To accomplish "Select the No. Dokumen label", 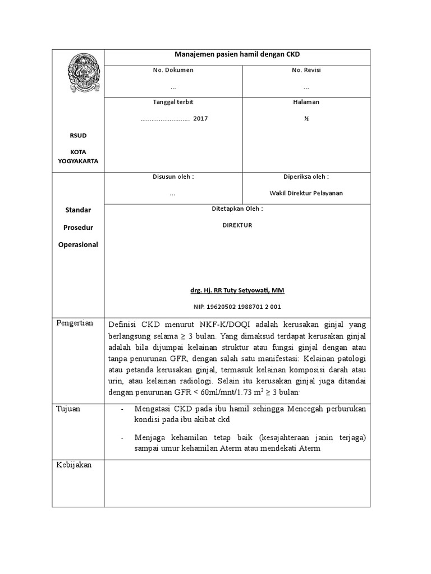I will (173, 70).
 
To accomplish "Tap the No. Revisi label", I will (306, 70).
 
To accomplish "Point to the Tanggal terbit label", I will (173, 101).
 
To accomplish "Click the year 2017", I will (200, 119).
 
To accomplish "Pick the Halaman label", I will (306, 101).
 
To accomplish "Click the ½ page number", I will (306, 119).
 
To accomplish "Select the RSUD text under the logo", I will (78, 136).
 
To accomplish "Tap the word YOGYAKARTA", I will (78, 161).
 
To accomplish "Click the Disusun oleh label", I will (173, 177).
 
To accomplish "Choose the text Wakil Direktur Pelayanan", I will (306, 193).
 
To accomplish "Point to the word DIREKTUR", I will (237, 225).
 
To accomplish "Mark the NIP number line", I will (237, 307).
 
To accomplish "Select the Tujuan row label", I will (68, 409).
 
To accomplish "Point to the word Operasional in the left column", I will (78, 244).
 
